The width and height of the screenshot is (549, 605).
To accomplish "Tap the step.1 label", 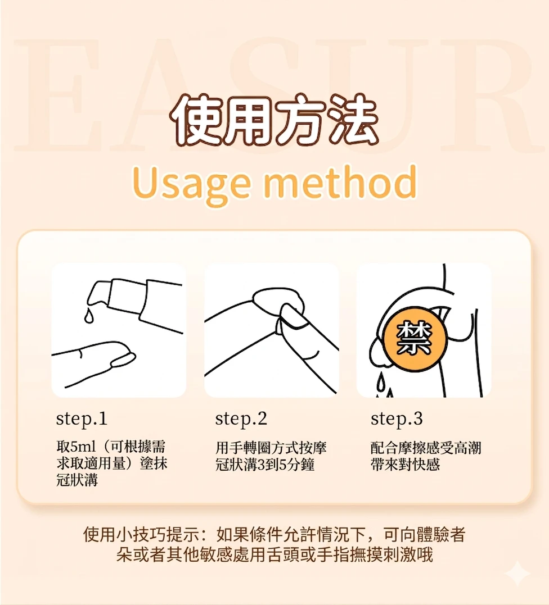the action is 82,419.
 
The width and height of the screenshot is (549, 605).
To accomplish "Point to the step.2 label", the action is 241,419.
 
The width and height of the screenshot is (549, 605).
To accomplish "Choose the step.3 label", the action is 397,419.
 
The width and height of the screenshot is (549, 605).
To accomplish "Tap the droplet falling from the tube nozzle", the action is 89,316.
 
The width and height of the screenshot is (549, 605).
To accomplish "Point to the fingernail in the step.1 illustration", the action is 123,360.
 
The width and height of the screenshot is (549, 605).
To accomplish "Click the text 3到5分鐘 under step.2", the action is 286,465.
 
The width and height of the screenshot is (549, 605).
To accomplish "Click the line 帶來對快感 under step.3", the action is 405,464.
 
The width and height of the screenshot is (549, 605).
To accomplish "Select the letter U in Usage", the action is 146,181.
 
